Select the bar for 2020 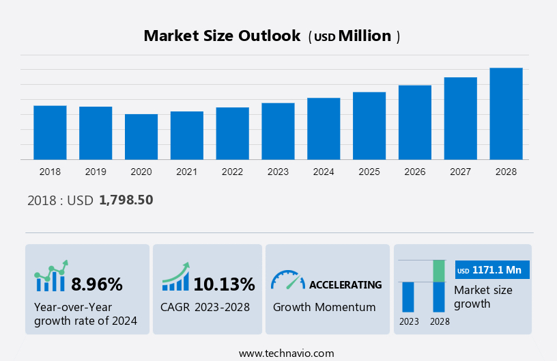click(x=141, y=137)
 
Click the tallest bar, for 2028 click(x=506, y=113)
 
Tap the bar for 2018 click(x=50, y=133)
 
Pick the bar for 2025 click(x=369, y=126)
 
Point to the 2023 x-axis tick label click(x=278, y=172)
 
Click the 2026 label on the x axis click(x=415, y=172)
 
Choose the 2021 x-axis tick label click(x=187, y=172)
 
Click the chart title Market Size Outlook click(x=222, y=36)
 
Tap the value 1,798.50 click(x=126, y=200)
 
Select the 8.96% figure click(x=97, y=284)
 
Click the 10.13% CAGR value click(x=224, y=284)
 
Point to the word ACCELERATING click(x=345, y=284)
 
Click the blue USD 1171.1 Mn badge click(x=492, y=270)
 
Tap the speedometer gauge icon click(x=287, y=280)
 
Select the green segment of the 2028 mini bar click(x=439, y=271)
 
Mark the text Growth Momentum click(x=324, y=307)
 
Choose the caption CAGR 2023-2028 click(x=205, y=307)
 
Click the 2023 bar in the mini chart click(x=408, y=297)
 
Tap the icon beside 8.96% click(x=51, y=276)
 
